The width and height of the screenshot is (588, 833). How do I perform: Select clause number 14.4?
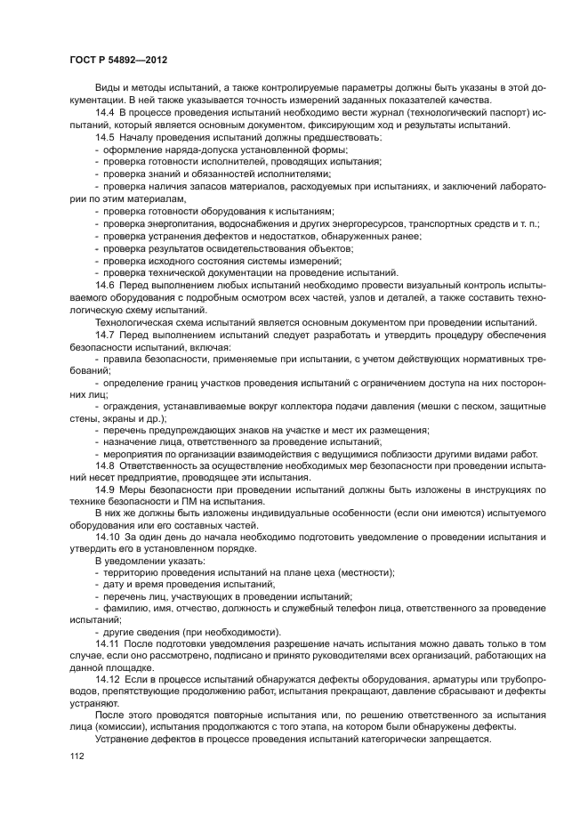(x=105, y=114)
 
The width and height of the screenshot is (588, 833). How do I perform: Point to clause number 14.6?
(x=105, y=283)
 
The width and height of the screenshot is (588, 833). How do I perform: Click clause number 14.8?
(x=105, y=465)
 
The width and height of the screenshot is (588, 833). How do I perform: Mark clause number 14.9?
(x=105, y=489)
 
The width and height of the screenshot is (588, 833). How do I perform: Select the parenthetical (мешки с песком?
(x=451, y=406)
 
